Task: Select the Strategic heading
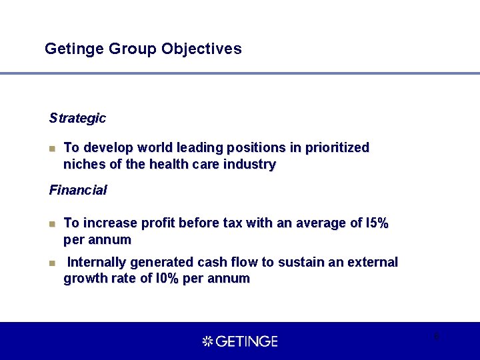tap(77, 118)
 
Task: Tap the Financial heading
tap(78, 190)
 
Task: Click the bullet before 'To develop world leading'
tap(53, 148)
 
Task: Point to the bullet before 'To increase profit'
tap(53, 223)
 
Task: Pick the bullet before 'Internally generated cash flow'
tap(53, 263)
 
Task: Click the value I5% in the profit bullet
tap(375, 223)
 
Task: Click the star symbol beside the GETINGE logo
tap(207, 341)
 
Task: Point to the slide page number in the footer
tap(436, 336)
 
